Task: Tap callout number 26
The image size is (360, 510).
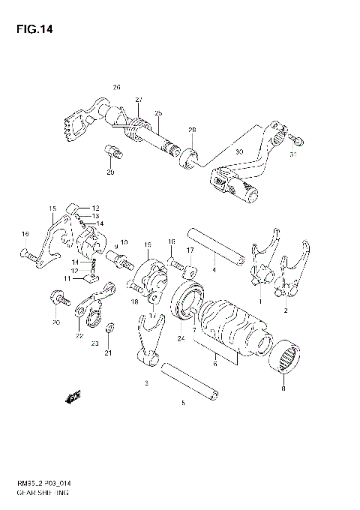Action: click(x=116, y=87)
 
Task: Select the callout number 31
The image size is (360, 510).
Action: click(x=293, y=155)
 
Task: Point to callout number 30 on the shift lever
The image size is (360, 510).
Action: click(x=239, y=151)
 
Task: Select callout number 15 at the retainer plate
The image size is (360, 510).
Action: click(x=52, y=208)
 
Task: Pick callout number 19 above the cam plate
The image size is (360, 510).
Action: click(x=148, y=244)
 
